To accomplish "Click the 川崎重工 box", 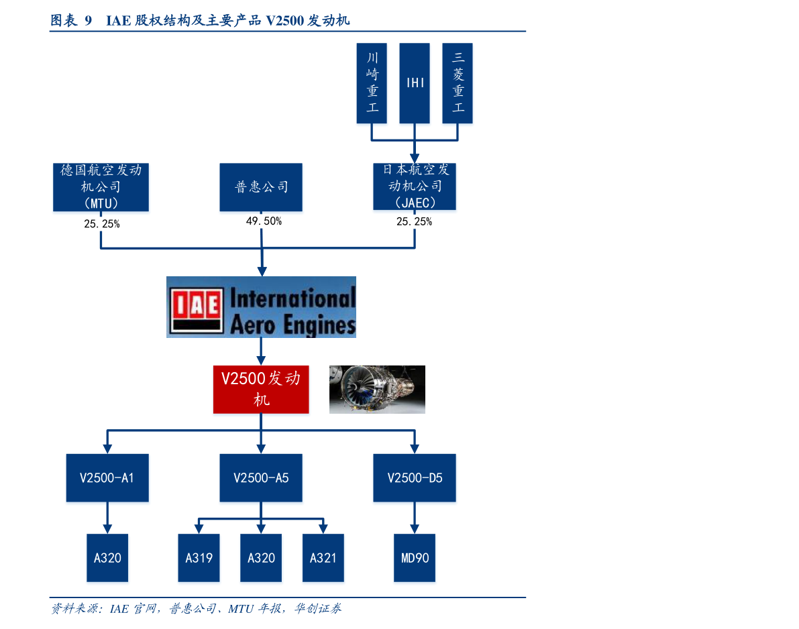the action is [372, 83].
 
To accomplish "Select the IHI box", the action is [415, 83].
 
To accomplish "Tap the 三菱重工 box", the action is [457, 83].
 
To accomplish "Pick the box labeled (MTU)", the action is [101, 187].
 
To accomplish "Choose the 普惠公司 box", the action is [261, 187].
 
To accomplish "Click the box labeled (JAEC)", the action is [415, 186].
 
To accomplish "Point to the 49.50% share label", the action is [264, 221].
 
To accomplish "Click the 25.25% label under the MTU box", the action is [102, 223].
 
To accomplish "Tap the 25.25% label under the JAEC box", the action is [415, 221].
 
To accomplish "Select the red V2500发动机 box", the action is [261, 389].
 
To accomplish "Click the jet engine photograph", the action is [377, 389].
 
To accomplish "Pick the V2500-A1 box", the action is [107, 477].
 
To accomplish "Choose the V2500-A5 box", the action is [261, 477].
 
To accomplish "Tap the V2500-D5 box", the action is [415, 477].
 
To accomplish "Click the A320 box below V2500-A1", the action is [107, 558].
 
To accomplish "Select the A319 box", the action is [199, 558].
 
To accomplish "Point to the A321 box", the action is [323, 558].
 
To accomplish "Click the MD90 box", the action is [415, 558].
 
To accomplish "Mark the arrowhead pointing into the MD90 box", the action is [415, 529].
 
